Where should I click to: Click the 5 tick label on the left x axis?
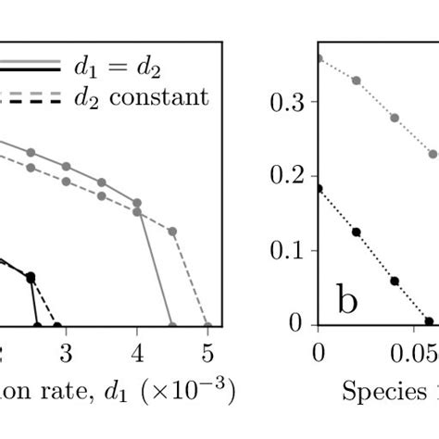pos(207,353)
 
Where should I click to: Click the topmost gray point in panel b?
pos(319,58)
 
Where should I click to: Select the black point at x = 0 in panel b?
pos(319,189)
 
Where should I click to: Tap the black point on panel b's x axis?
pos(428,321)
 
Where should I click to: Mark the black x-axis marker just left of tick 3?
pos(57,326)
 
